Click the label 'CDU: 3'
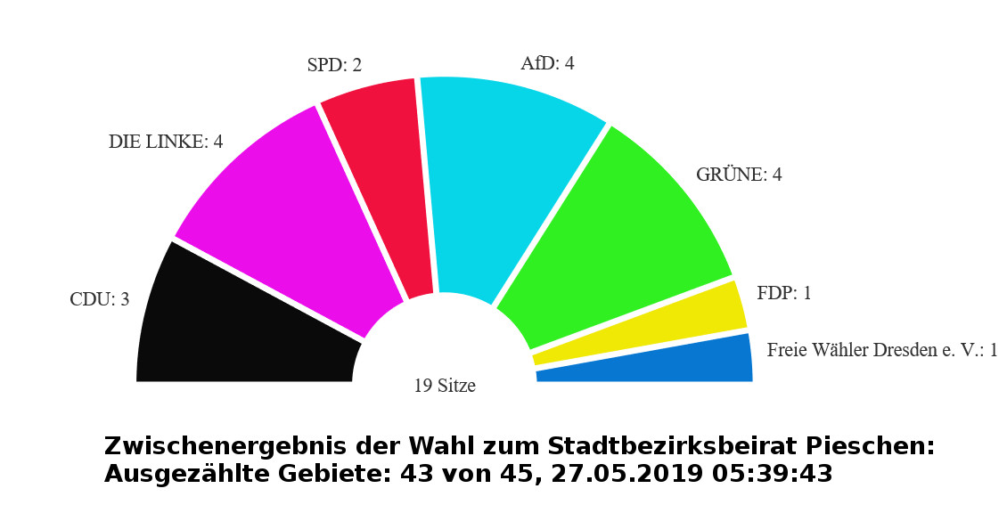pyautogui.click(x=100, y=299)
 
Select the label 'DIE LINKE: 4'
pyautogui.click(x=166, y=142)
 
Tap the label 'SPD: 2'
pyautogui.click(x=334, y=65)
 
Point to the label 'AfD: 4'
pyautogui.click(x=547, y=64)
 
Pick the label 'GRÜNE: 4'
pyautogui.click(x=739, y=175)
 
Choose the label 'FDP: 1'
pyautogui.click(x=784, y=293)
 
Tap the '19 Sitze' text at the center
pyautogui.click(x=445, y=386)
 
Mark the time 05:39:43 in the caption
pyautogui.click(x=773, y=474)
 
